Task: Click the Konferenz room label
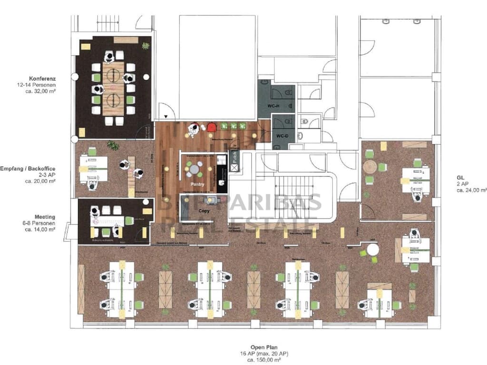coord(43,78)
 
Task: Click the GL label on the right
coord(471,178)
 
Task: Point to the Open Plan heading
coord(264,347)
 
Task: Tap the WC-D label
coord(283,136)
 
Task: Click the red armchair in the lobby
coord(211,127)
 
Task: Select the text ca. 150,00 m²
coord(264,361)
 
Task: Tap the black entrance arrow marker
coord(166,116)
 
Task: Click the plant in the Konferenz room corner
coord(146,46)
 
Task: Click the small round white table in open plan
coord(372,250)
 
